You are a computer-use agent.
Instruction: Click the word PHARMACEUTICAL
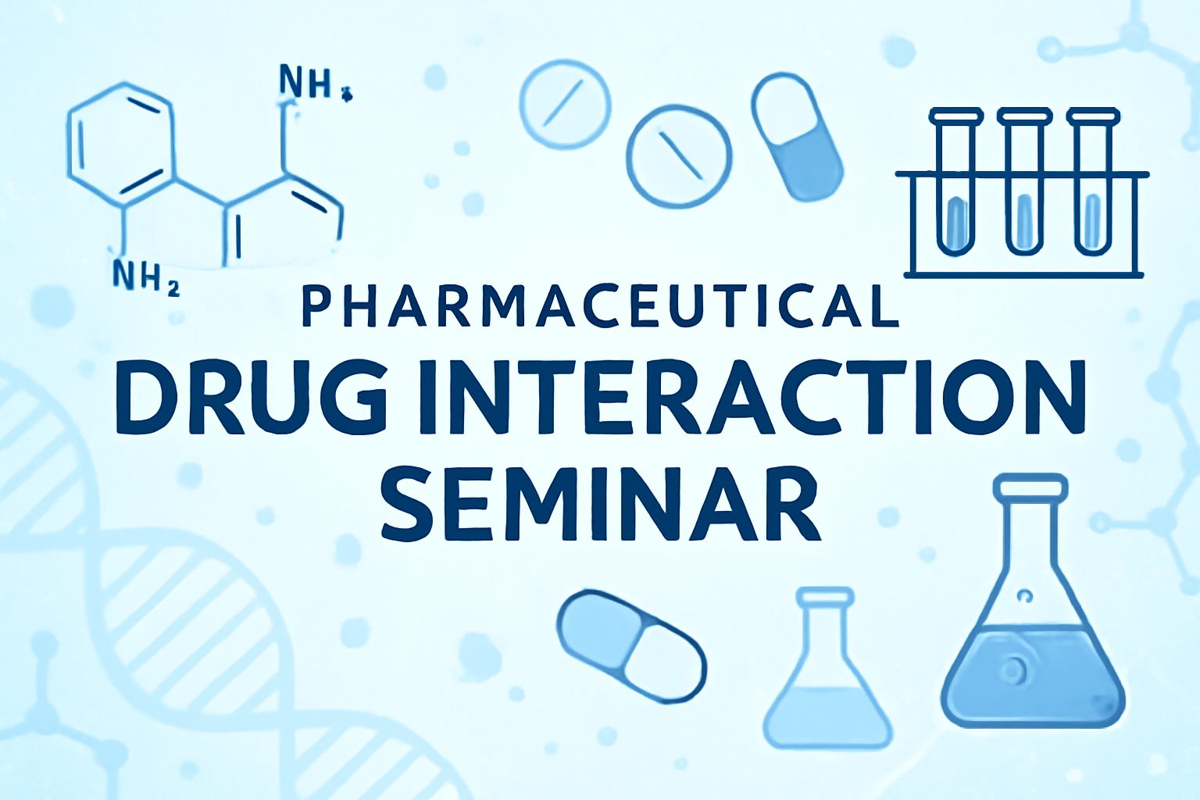(600, 307)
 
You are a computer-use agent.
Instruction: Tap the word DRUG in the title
(251, 397)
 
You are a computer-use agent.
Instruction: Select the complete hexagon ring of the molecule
(120, 145)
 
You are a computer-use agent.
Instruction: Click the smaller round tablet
(565, 105)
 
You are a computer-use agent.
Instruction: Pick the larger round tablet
(679, 156)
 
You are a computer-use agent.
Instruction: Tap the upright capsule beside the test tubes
(797, 137)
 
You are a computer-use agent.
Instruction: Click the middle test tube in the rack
(1025, 181)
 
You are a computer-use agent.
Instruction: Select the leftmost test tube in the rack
(957, 181)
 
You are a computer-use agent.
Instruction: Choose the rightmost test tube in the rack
(1093, 181)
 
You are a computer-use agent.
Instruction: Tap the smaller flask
(827, 668)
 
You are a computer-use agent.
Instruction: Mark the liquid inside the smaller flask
(827, 716)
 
